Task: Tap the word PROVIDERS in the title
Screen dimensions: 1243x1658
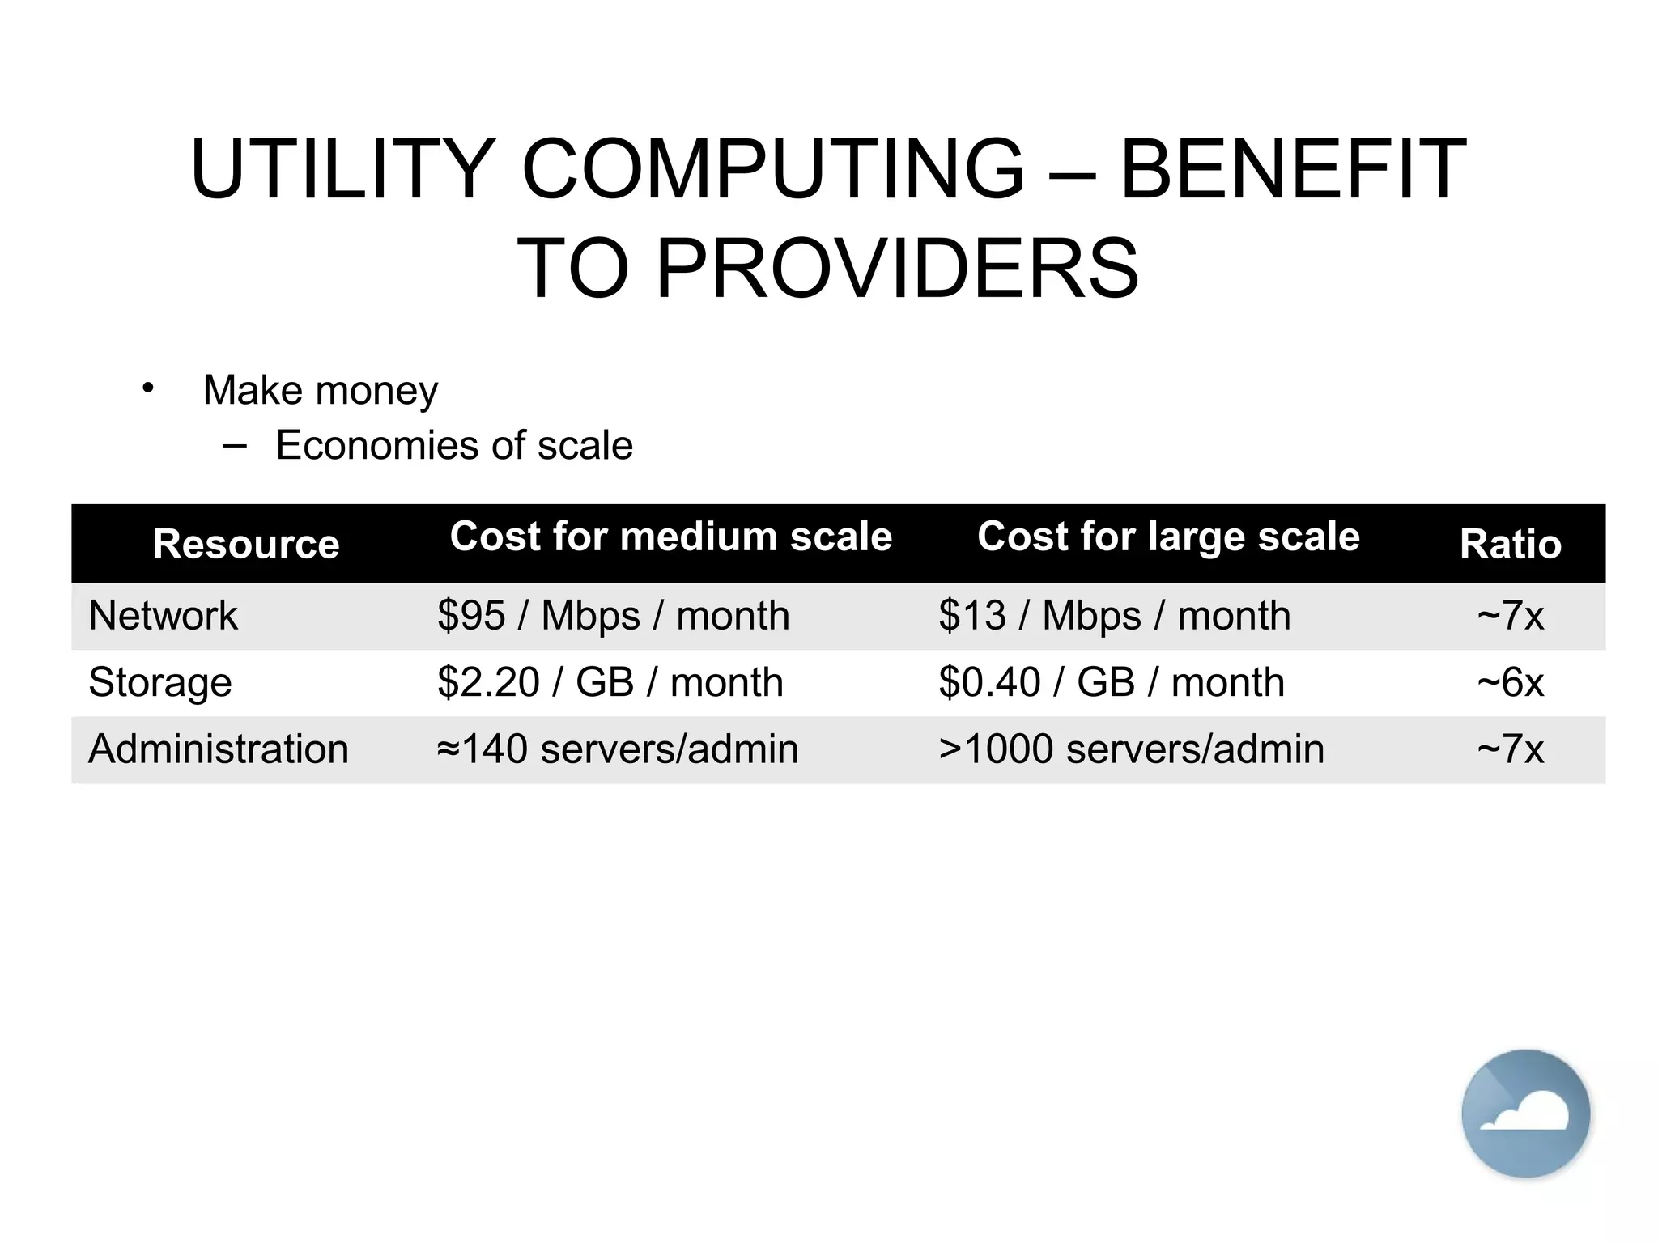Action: click(x=897, y=269)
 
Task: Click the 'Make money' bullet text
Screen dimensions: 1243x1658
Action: click(x=320, y=390)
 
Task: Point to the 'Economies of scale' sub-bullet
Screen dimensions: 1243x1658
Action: click(x=453, y=445)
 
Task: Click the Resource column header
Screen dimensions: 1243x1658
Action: click(x=246, y=544)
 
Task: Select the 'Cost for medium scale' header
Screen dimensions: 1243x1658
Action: click(x=670, y=537)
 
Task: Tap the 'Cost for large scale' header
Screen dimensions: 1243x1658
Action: click(x=1167, y=537)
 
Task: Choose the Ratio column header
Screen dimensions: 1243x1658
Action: click(x=1510, y=544)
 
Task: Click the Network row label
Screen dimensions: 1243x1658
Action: click(x=163, y=616)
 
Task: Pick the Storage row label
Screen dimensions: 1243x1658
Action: click(x=159, y=682)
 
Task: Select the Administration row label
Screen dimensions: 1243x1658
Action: click(x=218, y=749)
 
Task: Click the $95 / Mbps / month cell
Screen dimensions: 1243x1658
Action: click(x=613, y=616)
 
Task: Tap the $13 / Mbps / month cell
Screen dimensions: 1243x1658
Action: click(x=1114, y=616)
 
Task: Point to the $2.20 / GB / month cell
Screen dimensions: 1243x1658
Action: click(x=610, y=682)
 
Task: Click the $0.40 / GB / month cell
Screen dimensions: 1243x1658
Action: click(x=1111, y=682)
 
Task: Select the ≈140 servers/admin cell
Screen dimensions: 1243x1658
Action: click(x=617, y=749)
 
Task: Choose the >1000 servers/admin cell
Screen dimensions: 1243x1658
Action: click(x=1131, y=749)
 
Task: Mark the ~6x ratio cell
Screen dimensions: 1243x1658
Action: click(x=1510, y=682)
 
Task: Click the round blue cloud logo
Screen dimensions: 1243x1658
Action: click(x=1525, y=1114)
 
